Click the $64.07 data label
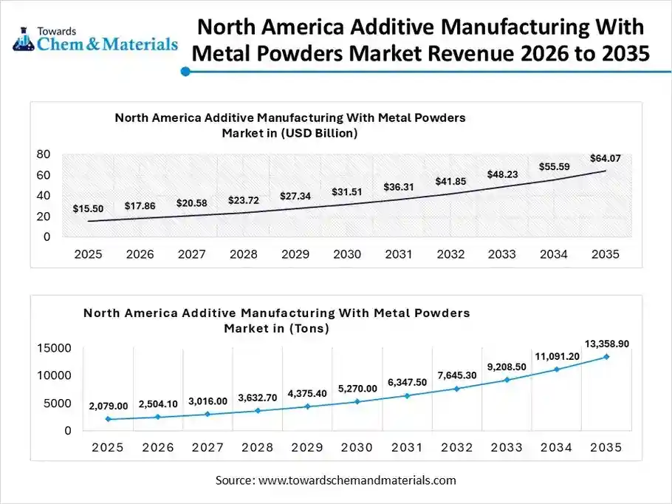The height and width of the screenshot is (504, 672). click(605, 157)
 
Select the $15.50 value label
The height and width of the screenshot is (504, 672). click(88, 209)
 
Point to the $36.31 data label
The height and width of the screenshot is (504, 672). click(398, 187)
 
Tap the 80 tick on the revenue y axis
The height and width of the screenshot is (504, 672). click(43, 154)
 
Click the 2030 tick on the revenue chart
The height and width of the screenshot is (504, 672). click(346, 254)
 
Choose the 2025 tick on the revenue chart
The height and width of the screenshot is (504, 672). click(88, 254)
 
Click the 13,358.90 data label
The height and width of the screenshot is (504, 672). click(607, 344)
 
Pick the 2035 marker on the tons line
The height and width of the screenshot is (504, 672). click(607, 357)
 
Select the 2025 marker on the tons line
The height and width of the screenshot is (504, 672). click(108, 419)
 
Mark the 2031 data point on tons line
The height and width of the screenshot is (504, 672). click(408, 395)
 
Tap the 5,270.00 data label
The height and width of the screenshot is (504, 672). click(357, 388)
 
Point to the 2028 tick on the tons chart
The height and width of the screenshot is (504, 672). click(258, 447)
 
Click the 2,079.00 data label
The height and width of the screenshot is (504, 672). click(108, 406)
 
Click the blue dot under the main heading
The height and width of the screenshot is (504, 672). click(186, 72)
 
